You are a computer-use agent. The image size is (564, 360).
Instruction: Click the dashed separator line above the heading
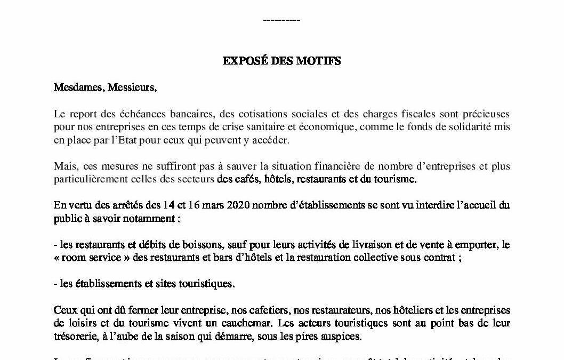click(282, 21)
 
